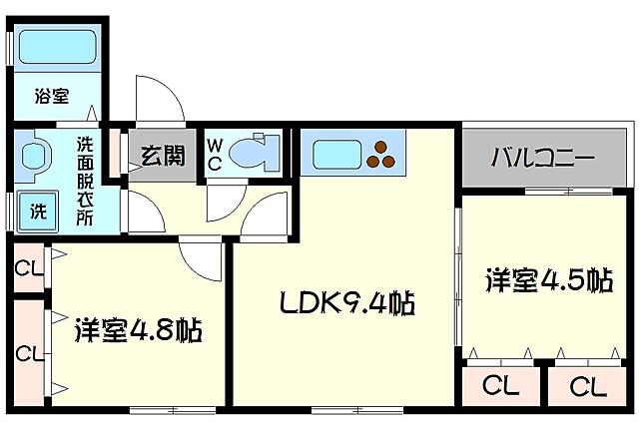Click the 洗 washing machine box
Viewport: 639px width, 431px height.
click(x=36, y=211)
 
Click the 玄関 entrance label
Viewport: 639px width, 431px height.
click(x=162, y=154)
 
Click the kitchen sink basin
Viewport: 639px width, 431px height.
click(x=335, y=156)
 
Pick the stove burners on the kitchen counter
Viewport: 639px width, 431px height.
click(x=380, y=155)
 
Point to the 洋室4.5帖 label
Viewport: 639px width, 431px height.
click(x=548, y=280)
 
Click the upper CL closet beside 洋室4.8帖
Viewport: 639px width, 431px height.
click(x=27, y=267)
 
